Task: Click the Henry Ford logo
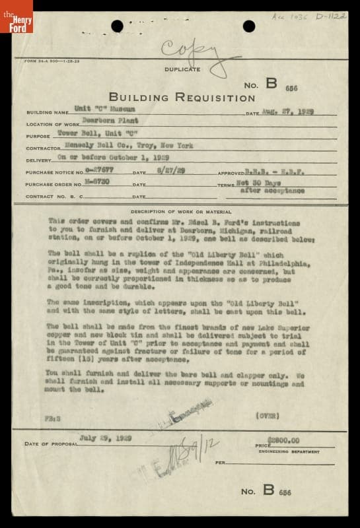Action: tap(16, 16)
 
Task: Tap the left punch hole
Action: tap(117, 26)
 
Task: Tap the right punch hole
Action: tap(249, 26)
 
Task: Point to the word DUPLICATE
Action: tap(183, 69)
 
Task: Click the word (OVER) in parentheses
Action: tap(267, 416)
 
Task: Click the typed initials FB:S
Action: tap(54, 418)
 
